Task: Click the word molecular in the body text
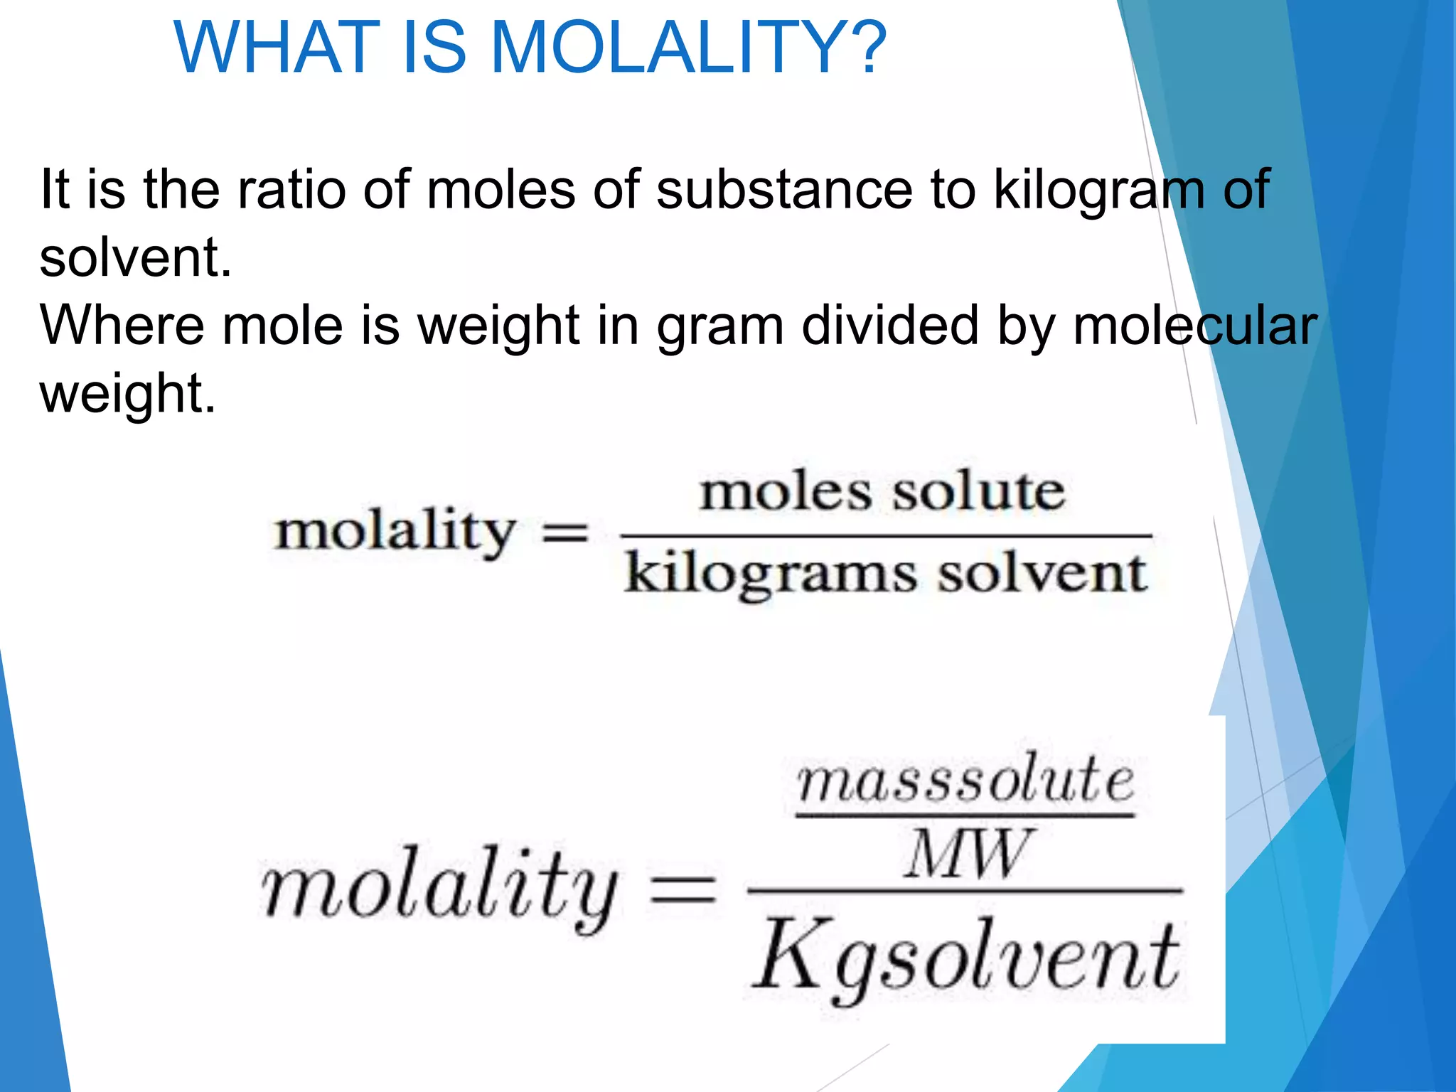point(1194,326)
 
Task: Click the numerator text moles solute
point(883,492)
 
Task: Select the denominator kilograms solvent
point(886,574)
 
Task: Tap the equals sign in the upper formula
point(565,533)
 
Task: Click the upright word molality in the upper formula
point(395,532)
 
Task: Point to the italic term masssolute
point(965,781)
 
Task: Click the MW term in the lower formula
point(967,853)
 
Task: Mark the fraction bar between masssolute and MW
point(965,815)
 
